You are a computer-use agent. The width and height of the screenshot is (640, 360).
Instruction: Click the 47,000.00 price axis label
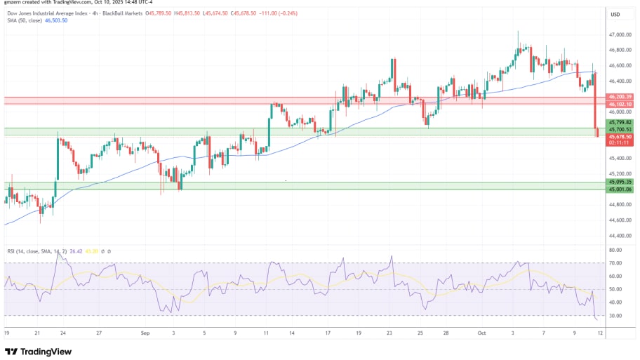click(620, 34)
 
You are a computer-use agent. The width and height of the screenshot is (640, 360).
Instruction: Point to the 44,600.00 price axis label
click(620, 220)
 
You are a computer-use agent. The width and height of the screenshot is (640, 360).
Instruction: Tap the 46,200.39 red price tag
click(620, 96)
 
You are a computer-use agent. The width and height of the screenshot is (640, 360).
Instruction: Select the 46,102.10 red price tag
click(620, 104)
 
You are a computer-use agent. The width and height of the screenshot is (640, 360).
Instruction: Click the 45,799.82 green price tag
click(620, 122)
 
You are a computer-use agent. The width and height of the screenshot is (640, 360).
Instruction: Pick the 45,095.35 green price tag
click(620, 182)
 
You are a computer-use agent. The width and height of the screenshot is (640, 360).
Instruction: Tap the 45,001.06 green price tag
click(620, 189)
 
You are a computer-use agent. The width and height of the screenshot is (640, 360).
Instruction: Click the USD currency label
click(615, 14)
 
